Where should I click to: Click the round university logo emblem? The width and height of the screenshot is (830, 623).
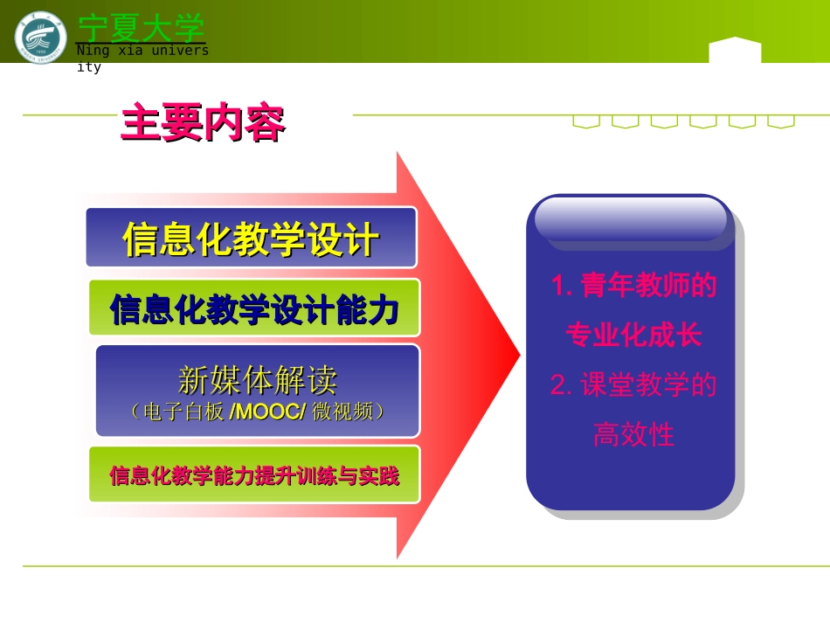[x=40, y=37]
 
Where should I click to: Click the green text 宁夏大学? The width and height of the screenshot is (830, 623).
[x=141, y=27]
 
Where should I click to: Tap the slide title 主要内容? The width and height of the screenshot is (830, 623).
[x=203, y=123]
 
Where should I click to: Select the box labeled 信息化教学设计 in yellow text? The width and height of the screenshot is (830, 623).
[x=251, y=239]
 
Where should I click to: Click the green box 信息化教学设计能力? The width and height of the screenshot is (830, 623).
[x=254, y=308]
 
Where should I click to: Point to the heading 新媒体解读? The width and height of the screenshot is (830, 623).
[x=257, y=380]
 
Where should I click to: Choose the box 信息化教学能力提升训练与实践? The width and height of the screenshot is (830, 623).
[x=254, y=475]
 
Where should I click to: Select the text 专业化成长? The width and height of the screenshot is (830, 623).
[x=633, y=335]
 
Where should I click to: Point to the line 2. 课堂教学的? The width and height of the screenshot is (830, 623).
[x=633, y=384]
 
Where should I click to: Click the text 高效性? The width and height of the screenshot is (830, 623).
[x=633, y=433]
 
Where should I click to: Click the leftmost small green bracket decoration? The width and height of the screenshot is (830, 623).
[x=586, y=122]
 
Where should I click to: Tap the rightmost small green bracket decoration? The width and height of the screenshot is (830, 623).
[x=781, y=122]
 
